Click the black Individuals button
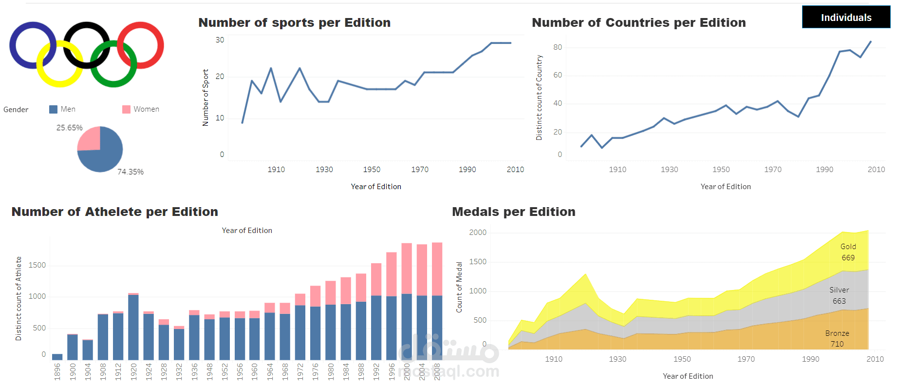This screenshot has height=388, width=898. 846,18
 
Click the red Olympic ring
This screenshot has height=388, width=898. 141,26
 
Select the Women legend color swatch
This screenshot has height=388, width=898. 126,109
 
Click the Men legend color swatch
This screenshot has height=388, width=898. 54,109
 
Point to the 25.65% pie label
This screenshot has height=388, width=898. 69,128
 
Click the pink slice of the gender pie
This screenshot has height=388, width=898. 90,139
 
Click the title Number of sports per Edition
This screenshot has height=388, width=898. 294,22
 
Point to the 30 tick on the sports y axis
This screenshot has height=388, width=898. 220,40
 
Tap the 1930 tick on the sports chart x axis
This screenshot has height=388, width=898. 324,169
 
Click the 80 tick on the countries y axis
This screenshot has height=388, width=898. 557,47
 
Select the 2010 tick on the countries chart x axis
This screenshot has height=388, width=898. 876,169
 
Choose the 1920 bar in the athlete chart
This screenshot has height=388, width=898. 133,327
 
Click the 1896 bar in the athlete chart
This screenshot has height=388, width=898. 57,357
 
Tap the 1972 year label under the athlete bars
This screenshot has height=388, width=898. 300,371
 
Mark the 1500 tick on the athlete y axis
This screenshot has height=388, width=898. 37,265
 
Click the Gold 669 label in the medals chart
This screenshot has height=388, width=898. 848,252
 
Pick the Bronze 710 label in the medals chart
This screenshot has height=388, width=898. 837,338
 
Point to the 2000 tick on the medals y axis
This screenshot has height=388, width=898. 478,233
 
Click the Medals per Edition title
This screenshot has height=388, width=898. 513,212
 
